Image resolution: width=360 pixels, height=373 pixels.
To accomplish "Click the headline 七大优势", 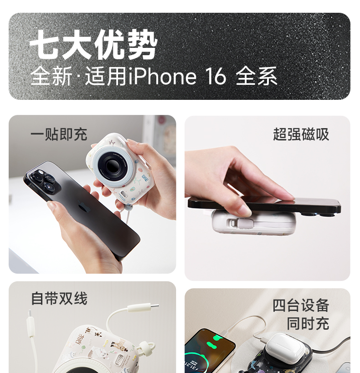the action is pos(93,45).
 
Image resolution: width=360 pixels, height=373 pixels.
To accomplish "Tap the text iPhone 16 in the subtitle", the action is pos(177,76).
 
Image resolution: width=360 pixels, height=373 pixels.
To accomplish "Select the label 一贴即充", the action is pos(59,134).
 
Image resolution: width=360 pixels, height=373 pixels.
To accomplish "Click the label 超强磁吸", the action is pos(301,134).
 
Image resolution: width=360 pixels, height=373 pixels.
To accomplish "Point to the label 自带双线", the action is pos(59,298).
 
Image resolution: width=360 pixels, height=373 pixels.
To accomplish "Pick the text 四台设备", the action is pos(301,306).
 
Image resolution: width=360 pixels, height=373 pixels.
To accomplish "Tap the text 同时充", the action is pos(308,323).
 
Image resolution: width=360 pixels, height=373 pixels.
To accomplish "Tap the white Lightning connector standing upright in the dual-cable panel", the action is pos(31,323).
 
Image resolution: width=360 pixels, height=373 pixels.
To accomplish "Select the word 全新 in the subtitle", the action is pos(51,76).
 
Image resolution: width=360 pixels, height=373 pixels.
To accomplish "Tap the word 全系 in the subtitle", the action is pos(257,76).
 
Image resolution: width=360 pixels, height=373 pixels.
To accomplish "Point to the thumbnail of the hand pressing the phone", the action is pos(267,198).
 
